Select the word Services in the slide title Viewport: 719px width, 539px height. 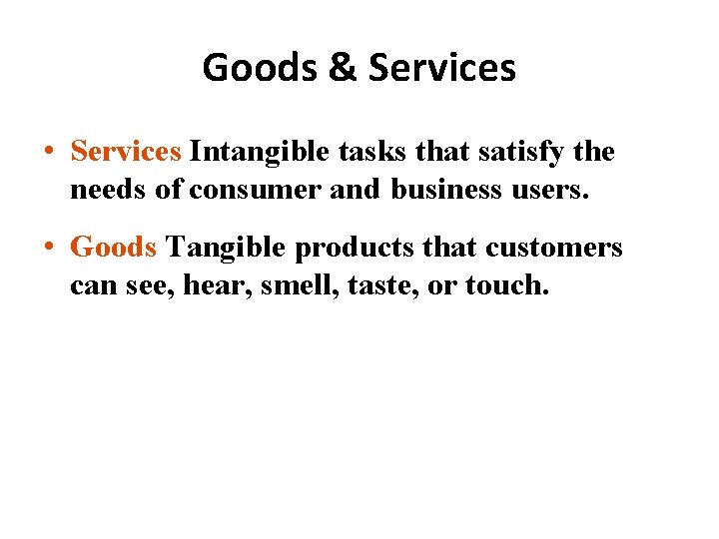442,68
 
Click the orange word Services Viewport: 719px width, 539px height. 126,152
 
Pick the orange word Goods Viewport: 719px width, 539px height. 113,248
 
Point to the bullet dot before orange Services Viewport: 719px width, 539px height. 49,153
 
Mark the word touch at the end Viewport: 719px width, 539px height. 506,285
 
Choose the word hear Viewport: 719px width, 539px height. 225,285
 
